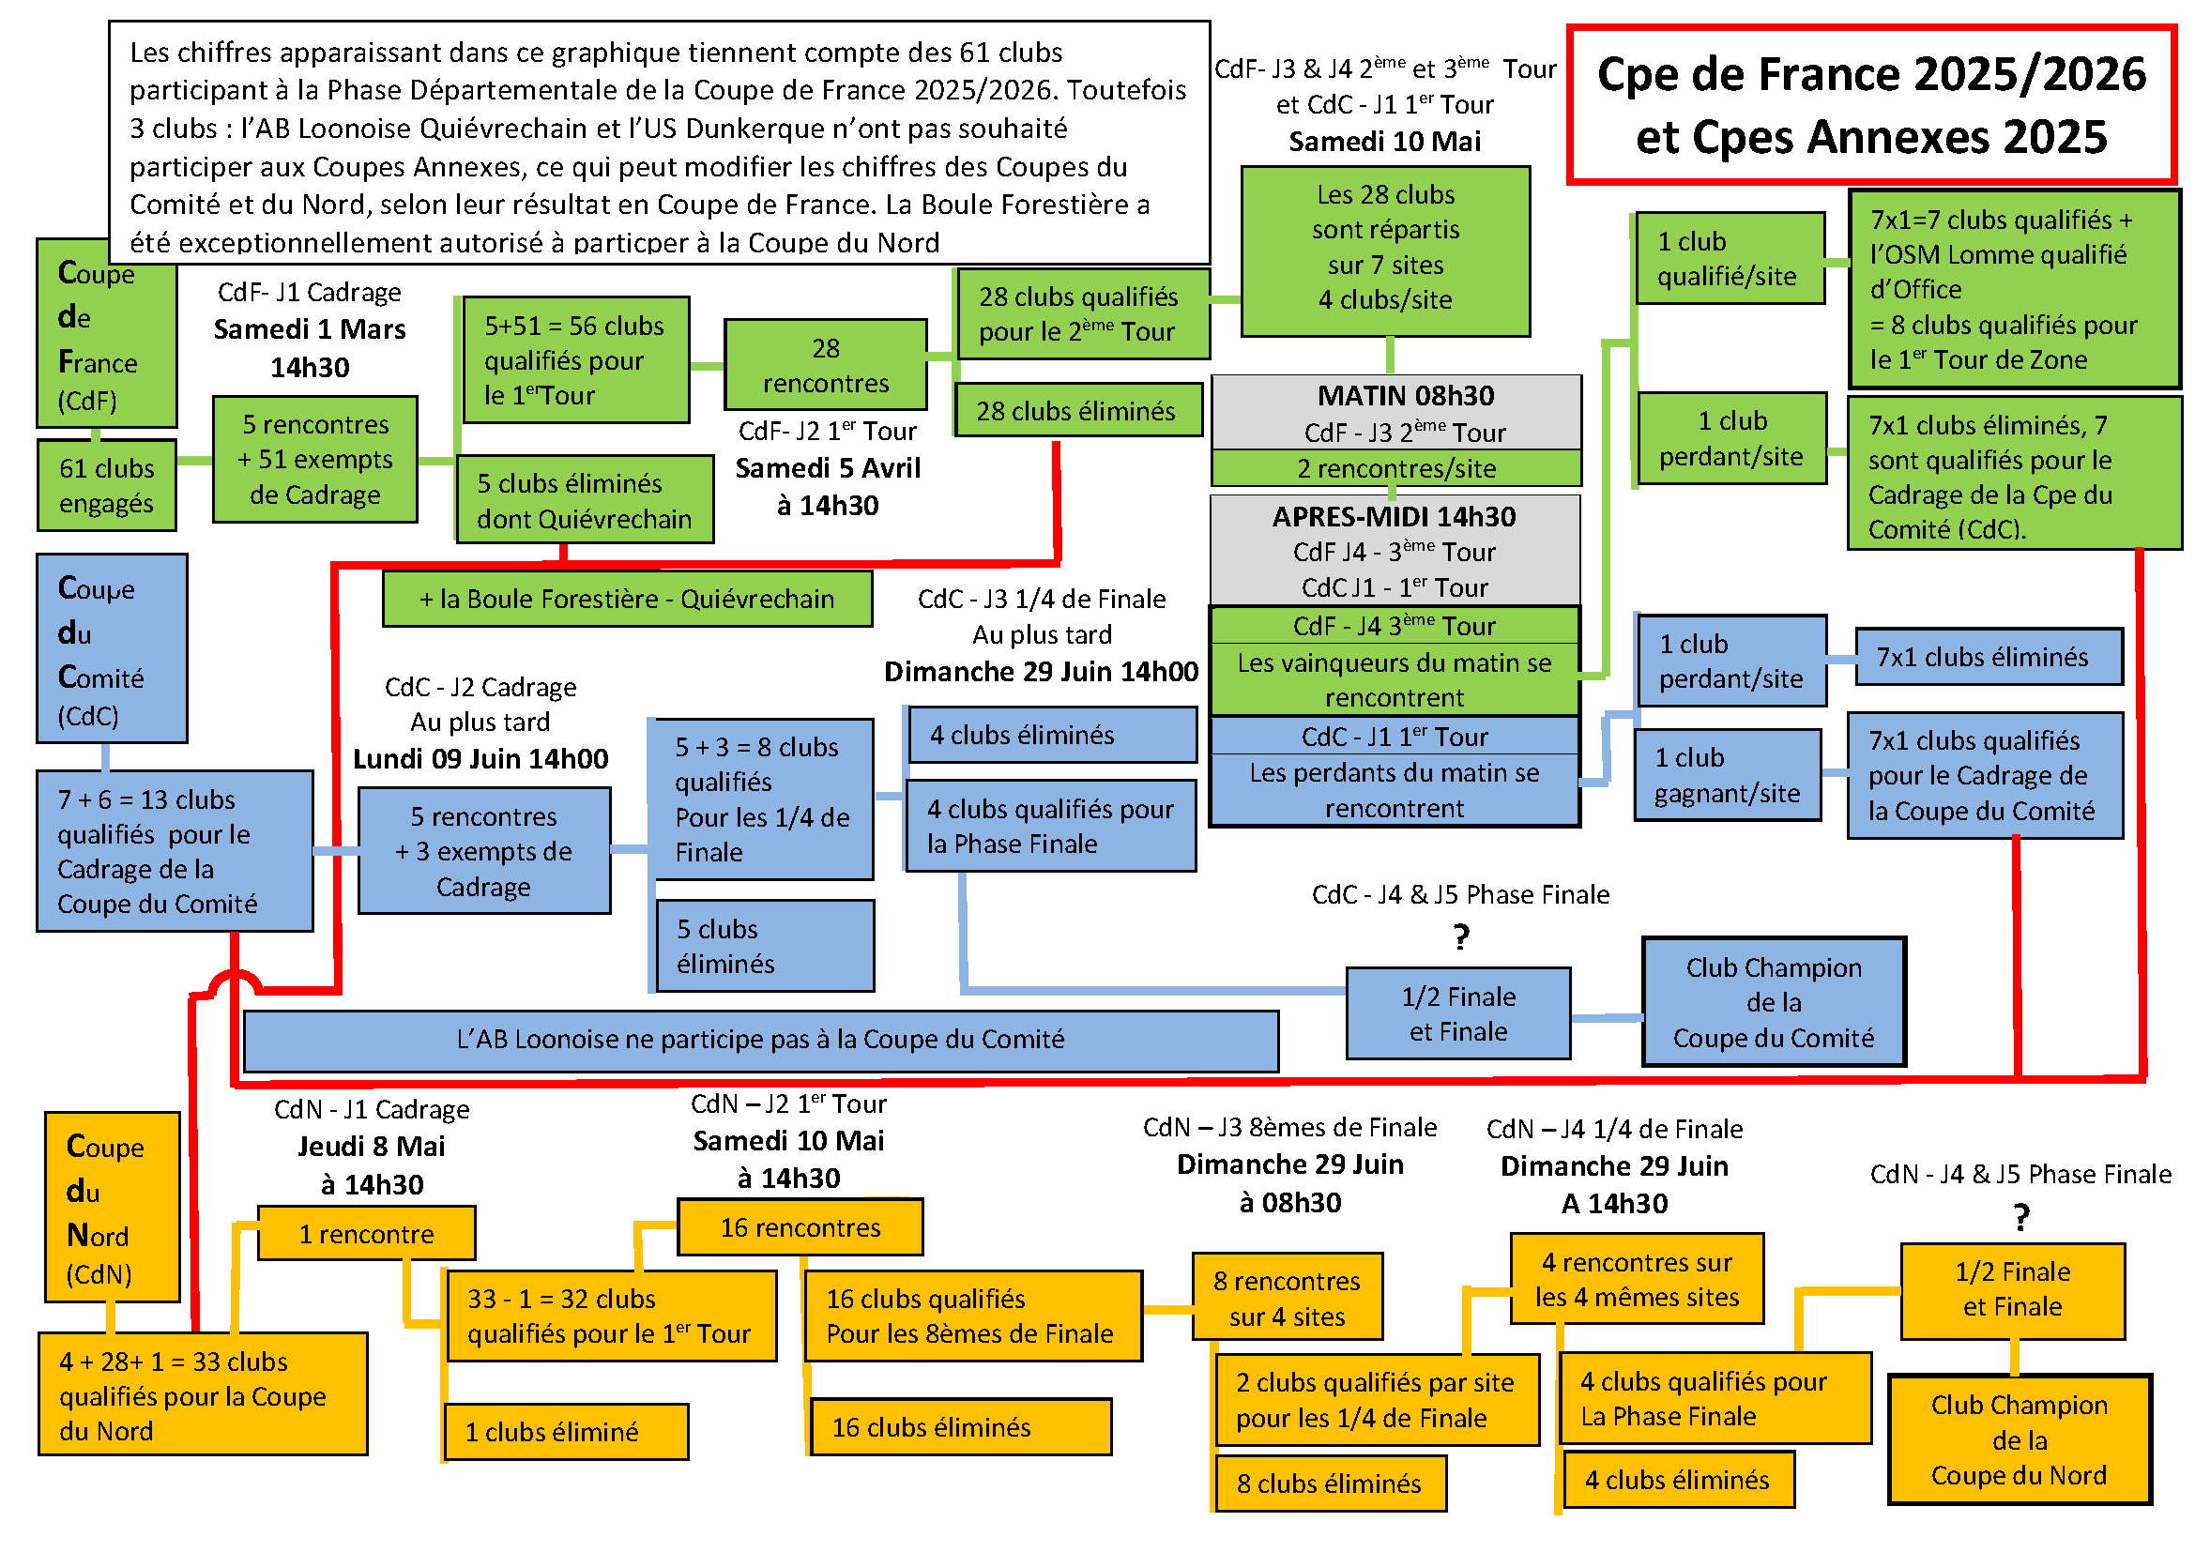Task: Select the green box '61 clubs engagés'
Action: click(x=106, y=485)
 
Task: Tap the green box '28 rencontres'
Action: click(x=825, y=365)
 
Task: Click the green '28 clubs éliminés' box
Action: click(x=1077, y=411)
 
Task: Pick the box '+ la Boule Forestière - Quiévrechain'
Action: click(x=627, y=600)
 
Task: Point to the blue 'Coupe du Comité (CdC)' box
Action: click(x=111, y=650)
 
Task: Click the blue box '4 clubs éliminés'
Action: click(x=1052, y=735)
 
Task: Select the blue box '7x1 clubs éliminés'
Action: click(x=1989, y=658)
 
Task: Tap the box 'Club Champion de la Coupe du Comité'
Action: click(x=1774, y=1002)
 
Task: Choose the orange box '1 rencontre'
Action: click(x=366, y=1234)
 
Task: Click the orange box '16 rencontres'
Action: click(x=800, y=1227)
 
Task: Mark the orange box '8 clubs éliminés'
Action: click(x=1329, y=1484)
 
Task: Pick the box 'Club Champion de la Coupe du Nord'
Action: click(x=2020, y=1440)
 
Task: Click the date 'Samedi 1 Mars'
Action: click(x=310, y=329)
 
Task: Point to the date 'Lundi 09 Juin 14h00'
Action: click(x=480, y=759)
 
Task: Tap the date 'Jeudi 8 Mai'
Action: click(x=371, y=1146)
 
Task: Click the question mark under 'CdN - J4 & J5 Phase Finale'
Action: click(x=2020, y=1218)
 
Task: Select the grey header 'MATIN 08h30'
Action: click(x=1406, y=396)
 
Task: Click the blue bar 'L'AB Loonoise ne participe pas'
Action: click(x=761, y=1040)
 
